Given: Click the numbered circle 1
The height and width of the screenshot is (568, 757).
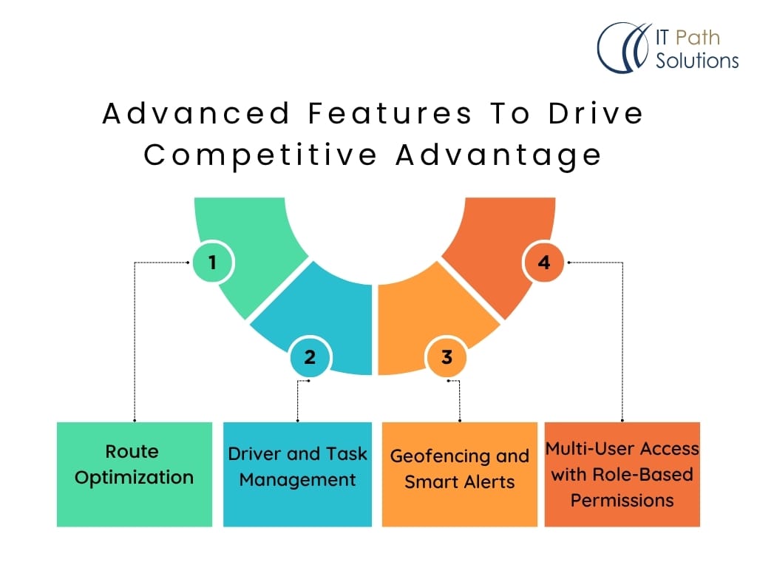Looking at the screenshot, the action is [212, 263].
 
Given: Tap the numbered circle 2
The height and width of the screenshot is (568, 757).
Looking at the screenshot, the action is [310, 357].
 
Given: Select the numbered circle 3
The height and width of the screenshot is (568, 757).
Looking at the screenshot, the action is [447, 357].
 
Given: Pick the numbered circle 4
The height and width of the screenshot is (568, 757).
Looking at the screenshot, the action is [544, 263].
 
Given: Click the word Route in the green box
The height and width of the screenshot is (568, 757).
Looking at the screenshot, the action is [132, 452].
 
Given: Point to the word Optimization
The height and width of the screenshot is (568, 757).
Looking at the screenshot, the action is [135, 479].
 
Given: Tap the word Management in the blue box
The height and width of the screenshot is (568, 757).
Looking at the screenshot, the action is [297, 481].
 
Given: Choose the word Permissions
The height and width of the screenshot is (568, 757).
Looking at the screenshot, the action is [622, 501].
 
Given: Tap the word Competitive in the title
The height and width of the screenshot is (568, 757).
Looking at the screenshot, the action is [260, 156].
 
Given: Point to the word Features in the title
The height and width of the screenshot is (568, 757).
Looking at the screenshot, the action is [390, 113].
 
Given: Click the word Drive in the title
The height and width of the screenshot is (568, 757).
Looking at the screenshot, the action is [597, 113].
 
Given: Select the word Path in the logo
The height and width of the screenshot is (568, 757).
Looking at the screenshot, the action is [698, 38].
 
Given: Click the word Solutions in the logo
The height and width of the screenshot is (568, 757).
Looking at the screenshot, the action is [697, 61].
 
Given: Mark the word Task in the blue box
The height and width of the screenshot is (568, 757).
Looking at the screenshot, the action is [346, 453].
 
